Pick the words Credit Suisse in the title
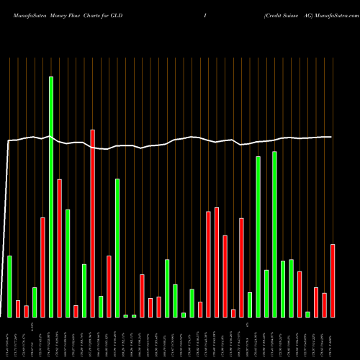282,14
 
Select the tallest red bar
92,223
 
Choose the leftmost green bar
9,286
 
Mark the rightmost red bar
333,280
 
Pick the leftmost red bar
18,308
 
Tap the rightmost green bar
307,314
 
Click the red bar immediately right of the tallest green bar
59,248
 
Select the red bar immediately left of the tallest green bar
42,267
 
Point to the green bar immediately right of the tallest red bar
101,306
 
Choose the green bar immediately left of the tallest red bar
84,290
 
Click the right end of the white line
331,137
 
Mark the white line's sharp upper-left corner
8,141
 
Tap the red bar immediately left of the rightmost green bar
300,294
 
